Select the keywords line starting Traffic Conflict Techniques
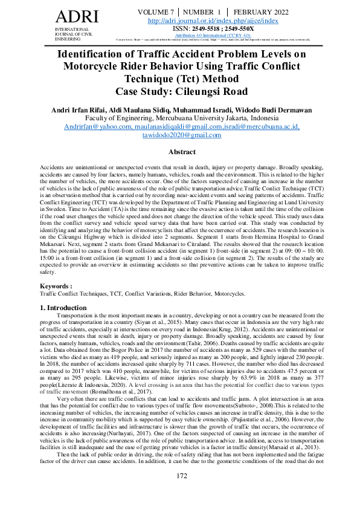(x=142, y=293)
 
